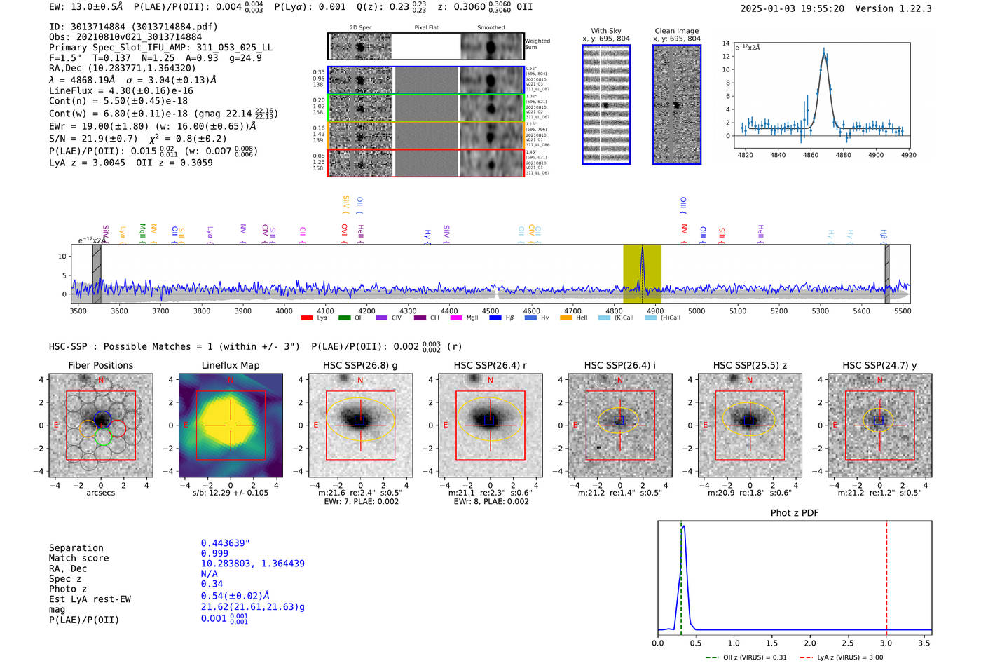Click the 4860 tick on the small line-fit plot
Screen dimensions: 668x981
811,155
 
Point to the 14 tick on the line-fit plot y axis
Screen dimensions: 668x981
726,43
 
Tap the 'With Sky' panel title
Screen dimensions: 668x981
605,31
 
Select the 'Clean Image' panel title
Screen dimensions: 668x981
676,31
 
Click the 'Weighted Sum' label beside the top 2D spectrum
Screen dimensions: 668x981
537,44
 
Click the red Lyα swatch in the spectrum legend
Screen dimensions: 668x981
306,318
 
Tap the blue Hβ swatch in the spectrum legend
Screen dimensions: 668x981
495,318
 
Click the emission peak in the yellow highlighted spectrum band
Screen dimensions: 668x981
642,249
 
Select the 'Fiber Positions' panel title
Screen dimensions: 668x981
100,365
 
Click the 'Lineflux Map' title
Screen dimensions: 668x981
230,365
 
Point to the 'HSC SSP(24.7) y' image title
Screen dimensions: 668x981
879,365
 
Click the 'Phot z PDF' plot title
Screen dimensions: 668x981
795,512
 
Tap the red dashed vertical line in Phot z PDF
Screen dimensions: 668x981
886,575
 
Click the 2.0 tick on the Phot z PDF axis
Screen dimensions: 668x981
810,643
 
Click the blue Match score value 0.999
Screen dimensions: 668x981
214,553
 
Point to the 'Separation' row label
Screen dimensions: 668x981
76,548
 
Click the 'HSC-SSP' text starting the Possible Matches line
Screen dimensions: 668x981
68,346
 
